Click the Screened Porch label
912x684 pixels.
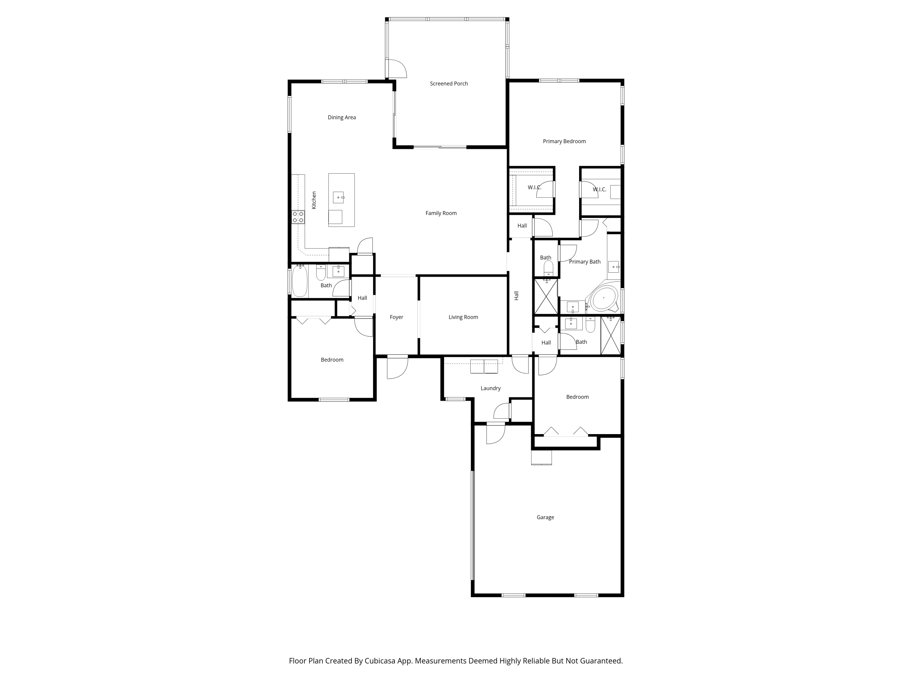tap(449, 84)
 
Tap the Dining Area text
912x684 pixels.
tap(341, 118)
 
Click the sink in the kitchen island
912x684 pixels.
tap(338, 198)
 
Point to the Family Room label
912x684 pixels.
tap(441, 213)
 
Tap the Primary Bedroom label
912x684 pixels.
tap(564, 141)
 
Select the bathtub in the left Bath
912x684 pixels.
tap(300, 281)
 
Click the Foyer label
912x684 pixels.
tap(396, 317)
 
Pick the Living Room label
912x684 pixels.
tap(463, 317)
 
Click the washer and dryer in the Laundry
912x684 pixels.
tap(484, 367)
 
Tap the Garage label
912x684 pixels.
tap(545, 517)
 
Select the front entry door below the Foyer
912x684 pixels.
tap(397, 367)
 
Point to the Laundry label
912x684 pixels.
tap(490, 389)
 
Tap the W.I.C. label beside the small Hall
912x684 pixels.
tap(534, 188)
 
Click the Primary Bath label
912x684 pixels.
tap(584, 262)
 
